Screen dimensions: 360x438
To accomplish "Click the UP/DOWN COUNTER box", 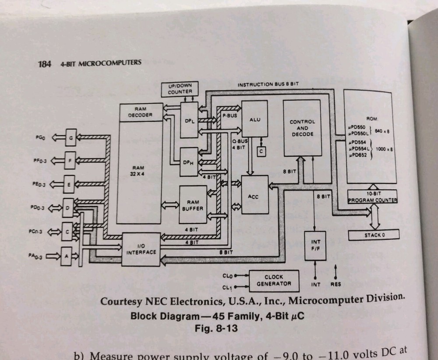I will point(180,88).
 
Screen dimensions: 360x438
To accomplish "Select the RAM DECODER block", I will point(140,112).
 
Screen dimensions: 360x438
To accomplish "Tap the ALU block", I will point(254,119).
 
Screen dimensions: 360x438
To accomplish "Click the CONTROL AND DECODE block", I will point(302,128).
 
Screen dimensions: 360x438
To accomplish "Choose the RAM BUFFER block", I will point(192,205).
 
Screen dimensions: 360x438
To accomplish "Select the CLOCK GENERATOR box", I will point(274,280).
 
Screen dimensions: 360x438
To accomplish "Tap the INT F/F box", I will point(315,245).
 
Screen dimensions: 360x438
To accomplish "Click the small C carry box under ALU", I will point(261,151).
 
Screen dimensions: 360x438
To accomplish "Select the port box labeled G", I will point(70,138).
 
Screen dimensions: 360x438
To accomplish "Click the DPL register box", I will point(189,120).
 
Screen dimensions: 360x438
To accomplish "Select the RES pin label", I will point(335,284).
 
